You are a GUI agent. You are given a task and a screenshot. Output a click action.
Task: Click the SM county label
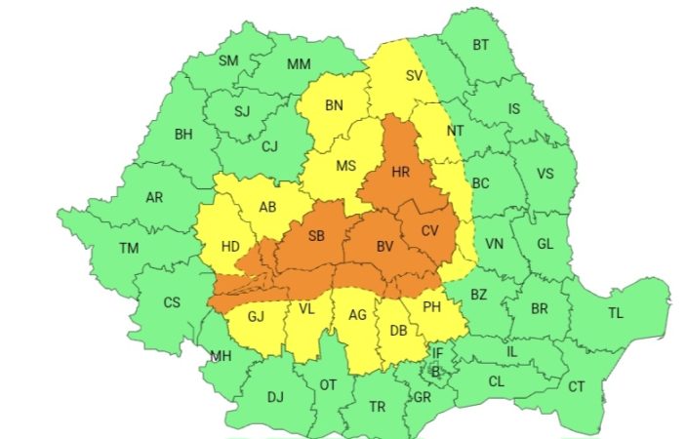(228, 60)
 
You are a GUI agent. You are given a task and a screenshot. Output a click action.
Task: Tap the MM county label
(300, 64)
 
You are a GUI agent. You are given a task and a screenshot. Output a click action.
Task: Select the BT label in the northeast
(480, 45)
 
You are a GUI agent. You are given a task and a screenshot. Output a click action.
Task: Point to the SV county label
(414, 76)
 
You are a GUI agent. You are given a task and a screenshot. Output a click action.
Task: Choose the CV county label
(430, 230)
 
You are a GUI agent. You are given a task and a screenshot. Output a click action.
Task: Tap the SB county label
(316, 237)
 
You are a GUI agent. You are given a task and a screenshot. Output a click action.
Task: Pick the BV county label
(385, 248)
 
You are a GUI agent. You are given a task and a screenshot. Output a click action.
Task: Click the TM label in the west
(129, 248)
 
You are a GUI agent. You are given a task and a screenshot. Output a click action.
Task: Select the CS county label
(172, 302)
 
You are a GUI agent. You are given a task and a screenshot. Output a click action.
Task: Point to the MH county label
(220, 356)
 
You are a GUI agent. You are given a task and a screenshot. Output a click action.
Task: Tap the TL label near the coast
(615, 313)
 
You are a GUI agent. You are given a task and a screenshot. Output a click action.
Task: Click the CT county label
(577, 386)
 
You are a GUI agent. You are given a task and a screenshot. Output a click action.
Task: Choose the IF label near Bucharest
(437, 353)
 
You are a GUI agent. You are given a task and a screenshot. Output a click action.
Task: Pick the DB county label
(398, 331)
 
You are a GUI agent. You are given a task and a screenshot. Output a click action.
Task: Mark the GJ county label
(256, 316)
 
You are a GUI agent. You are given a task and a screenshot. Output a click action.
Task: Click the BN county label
(335, 105)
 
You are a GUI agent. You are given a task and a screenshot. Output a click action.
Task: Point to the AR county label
(154, 197)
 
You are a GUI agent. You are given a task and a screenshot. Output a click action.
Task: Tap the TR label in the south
(378, 406)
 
